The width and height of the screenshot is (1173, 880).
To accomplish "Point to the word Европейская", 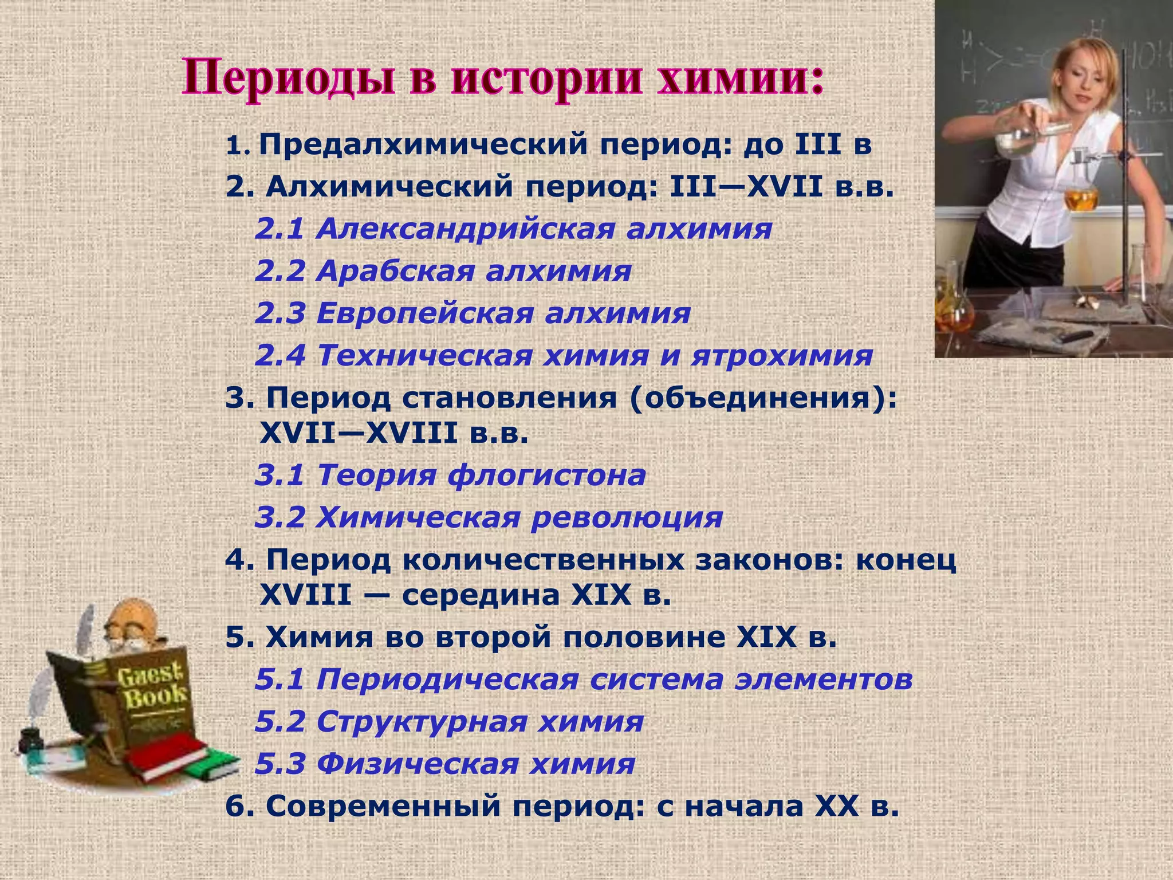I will point(423,313).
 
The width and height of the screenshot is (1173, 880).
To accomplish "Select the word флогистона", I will point(546,475).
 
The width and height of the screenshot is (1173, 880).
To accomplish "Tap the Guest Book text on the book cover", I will point(152,687).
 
